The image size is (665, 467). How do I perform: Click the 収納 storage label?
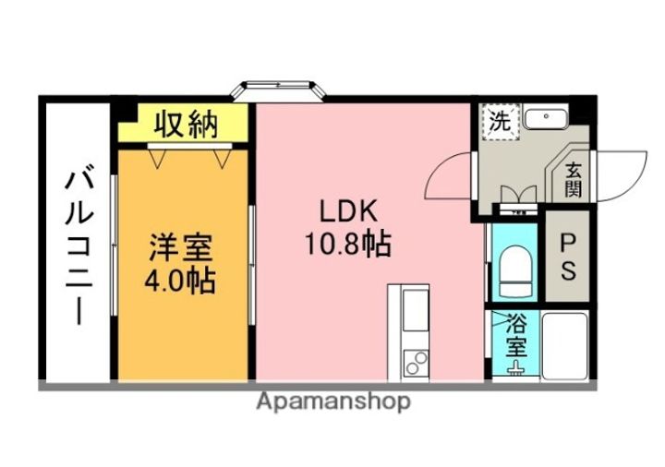(x=186, y=125)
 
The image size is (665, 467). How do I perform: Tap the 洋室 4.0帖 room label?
(x=180, y=264)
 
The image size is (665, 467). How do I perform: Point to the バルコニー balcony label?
(x=79, y=247)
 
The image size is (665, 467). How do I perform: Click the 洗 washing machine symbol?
(x=500, y=122)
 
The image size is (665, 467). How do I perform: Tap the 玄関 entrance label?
(x=573, y=180)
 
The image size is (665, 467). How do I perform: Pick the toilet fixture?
(x=515, y=270)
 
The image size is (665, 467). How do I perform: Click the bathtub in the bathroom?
(x=564, y=346)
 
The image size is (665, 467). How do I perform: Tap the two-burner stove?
(x=416, y=364)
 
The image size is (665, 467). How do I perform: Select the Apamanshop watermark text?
(x=333, y=402)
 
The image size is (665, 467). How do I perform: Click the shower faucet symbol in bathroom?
(x=516, y=368)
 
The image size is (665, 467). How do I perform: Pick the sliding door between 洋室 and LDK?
(x=251, y=265)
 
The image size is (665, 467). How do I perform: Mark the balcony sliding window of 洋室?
(x=114, y=245)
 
